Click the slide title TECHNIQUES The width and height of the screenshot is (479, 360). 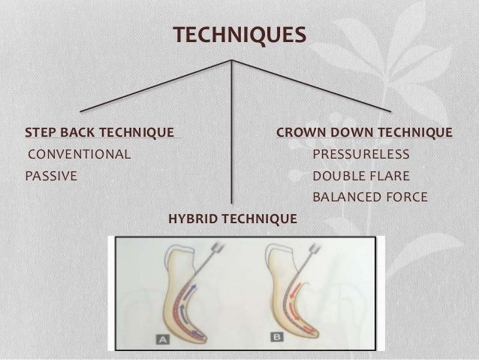(x=239, y=35)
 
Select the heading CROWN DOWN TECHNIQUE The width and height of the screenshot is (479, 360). (x=364, y=133)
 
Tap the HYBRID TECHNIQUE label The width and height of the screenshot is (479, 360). (x=233, y=219)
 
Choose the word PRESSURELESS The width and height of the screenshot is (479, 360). (x=360, y=155)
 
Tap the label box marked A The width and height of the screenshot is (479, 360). (x=162, y=340)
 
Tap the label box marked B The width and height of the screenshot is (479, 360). (x=277, y=339)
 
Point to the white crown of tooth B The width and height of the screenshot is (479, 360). (x=279, y=256)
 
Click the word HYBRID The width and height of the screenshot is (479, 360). (x=193, y=219)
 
